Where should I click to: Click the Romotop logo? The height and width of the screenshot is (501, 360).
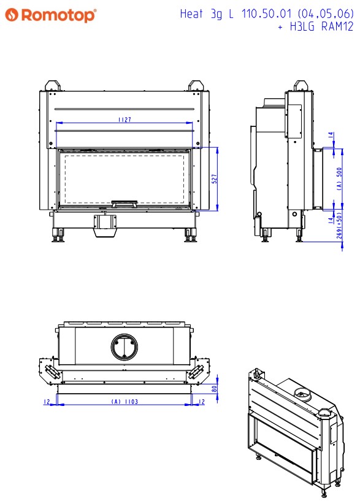[50, 15]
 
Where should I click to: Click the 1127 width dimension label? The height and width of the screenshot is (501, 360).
[124, 120]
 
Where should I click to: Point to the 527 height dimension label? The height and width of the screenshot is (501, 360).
[215, 178]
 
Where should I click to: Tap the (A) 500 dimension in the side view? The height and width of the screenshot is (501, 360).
[339, 178]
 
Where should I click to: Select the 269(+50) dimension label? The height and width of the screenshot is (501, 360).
[339, 226]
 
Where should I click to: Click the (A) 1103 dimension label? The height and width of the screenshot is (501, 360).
[124, 402]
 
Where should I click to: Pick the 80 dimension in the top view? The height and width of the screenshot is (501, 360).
[214, 389]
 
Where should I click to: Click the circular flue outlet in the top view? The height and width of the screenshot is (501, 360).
[124, 347]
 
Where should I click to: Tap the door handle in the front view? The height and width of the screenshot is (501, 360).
[124, 203]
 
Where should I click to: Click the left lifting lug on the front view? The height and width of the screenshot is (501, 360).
[53, 86]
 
